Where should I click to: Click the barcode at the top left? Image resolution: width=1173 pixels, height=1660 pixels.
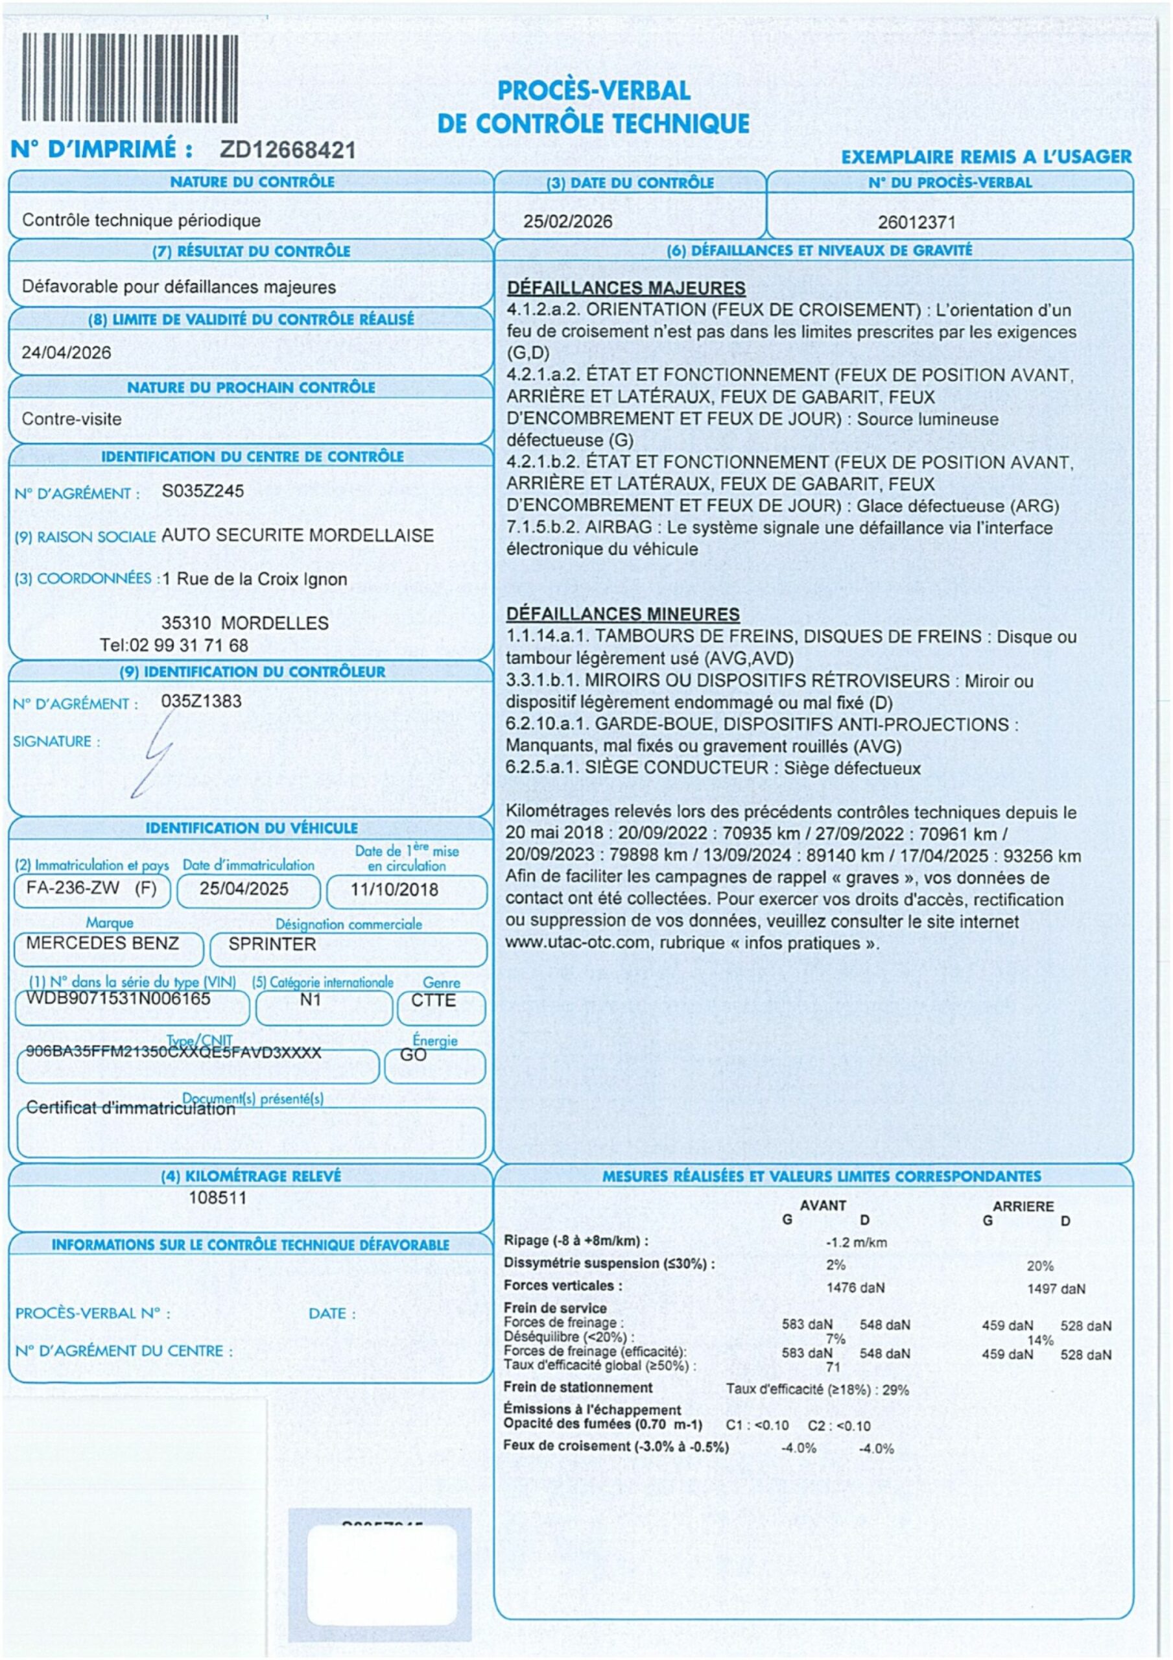tap(130, 78)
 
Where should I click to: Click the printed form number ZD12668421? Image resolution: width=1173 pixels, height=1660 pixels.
tap(288, 150)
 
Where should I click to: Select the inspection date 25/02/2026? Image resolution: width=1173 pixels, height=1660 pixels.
tap(568, 222)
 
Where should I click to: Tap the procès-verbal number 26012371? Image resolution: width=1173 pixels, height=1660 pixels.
tap(916, 222)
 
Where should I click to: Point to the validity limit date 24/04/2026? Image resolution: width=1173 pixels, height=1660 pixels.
tap(67, 353)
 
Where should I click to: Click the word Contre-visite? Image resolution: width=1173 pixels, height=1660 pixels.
tap(71, 420)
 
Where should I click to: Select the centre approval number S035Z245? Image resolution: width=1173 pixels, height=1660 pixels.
tap(202, 492)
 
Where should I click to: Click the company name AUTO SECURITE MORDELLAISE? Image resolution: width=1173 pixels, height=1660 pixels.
tap(297, 536)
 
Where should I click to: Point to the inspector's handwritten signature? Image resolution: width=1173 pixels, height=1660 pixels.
tap(156, 755)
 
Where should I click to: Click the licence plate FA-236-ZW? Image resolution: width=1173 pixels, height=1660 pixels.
tap(73, 888)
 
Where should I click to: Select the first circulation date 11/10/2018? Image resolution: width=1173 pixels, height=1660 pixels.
tap(394, 889)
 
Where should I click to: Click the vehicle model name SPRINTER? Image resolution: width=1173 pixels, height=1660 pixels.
tap(272, 944)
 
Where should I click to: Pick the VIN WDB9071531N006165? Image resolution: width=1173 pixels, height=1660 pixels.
tap(119, 999)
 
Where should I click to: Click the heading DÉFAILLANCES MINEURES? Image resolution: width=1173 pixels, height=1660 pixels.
tap(622, 615)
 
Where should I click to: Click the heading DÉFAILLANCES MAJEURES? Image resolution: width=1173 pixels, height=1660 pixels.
tap(626, 288)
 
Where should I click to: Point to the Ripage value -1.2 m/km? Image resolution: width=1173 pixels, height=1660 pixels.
tap(857, 1243)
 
